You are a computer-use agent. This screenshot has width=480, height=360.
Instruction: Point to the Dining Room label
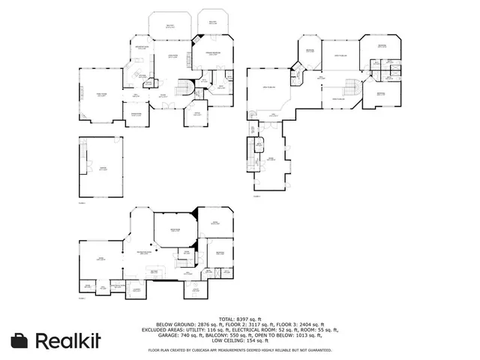pos(136,114)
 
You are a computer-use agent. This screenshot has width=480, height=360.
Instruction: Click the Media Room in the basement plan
pos(174,230)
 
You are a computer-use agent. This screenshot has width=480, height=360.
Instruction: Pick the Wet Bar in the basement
pos(154,271)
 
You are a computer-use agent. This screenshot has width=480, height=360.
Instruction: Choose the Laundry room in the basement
pos(136,289)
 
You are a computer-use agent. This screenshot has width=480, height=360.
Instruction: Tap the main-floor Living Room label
pos(173,57)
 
